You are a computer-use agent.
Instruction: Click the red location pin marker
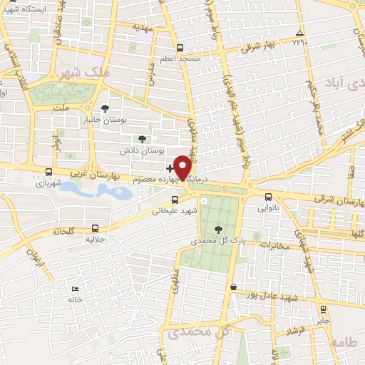pos(183,167)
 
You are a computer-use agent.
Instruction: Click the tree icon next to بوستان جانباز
pos(106,108)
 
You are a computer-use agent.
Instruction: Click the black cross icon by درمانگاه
pos(169,168)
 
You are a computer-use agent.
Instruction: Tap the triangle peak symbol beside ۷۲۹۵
pos(299,33)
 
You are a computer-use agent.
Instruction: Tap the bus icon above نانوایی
pos(268,196)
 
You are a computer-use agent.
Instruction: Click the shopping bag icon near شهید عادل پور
pos(233,287)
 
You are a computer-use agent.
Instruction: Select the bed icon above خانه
pos(76,289)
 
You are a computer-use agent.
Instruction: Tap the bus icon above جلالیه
pos(96,229)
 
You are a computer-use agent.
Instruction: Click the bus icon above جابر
pos(323,309)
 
